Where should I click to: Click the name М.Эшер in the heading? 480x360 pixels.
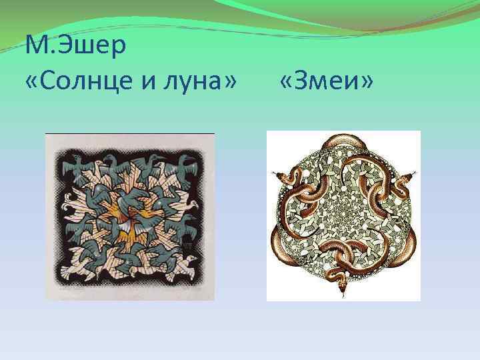(75, 47)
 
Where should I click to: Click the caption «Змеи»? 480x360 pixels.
(327, 82)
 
